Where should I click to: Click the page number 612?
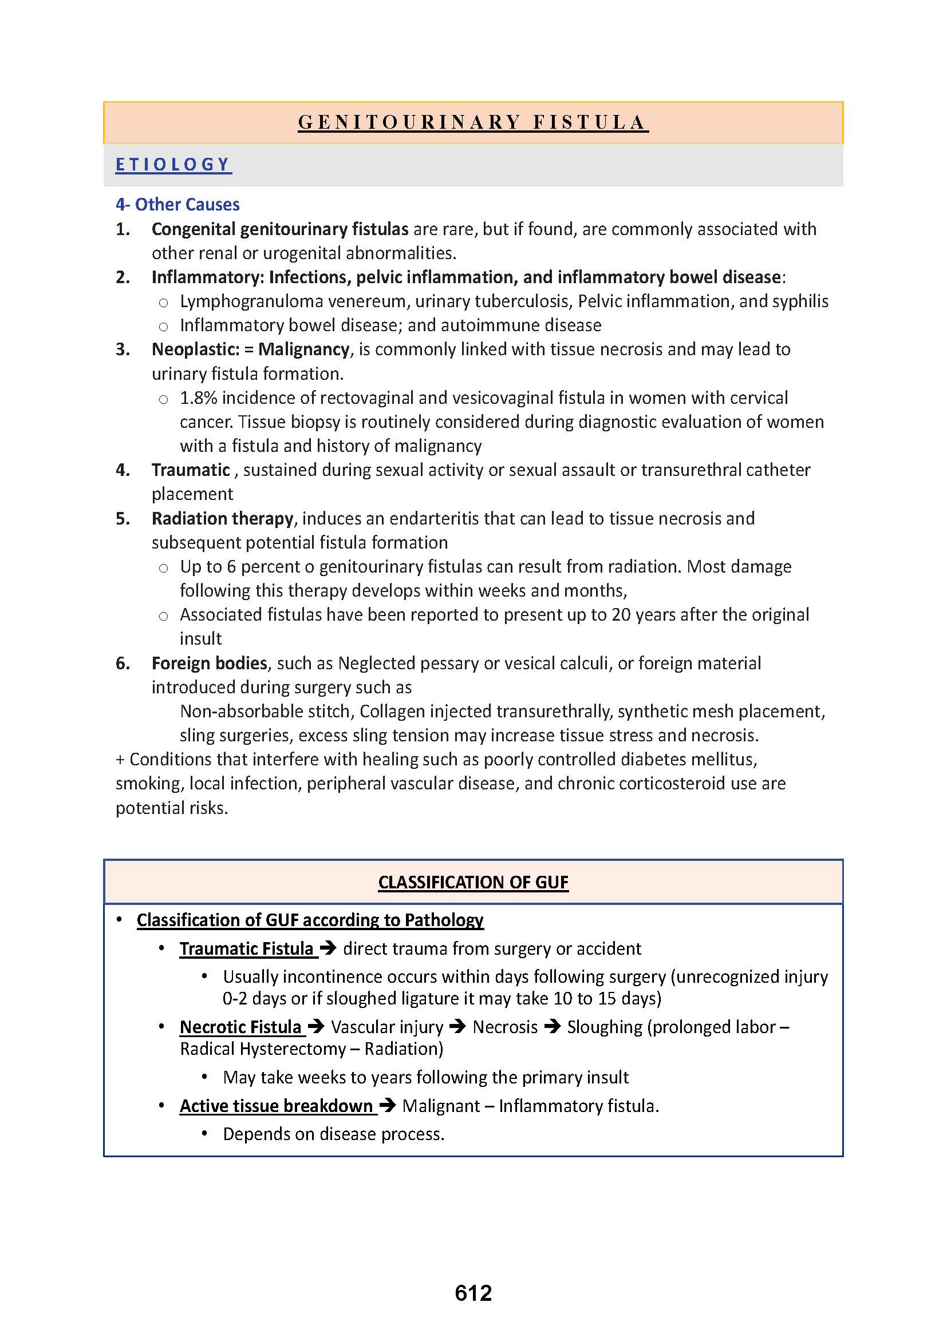click(473, 1293)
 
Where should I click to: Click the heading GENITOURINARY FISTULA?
click(473, 122)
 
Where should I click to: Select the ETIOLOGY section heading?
click(173, 165)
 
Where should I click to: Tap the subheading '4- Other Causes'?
click(177, 205)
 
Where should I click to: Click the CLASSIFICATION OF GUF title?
click(473, 882)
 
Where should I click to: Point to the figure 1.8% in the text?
click(198, 398)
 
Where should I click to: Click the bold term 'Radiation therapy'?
click(222, 519)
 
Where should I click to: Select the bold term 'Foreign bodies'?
click(209, 663)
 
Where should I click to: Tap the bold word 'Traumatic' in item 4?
click(191, 470)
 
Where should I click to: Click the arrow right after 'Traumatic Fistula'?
click(329, 948)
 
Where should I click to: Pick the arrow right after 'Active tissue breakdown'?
click(388, 1106)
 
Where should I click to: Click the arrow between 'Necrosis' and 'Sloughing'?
click(552, 1026)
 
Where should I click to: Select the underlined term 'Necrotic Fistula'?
click(240, 1027)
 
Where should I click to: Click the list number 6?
click(123, 663)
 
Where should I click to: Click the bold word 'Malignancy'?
click(304, 350)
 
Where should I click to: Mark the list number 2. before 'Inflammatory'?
click(123, 277)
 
